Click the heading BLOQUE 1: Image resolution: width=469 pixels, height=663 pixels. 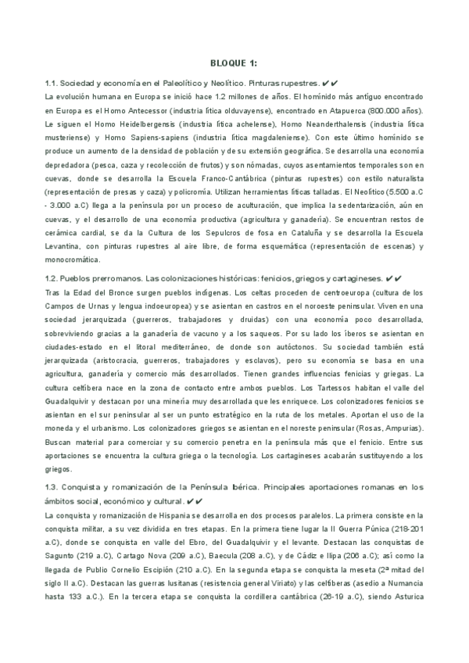234,63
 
